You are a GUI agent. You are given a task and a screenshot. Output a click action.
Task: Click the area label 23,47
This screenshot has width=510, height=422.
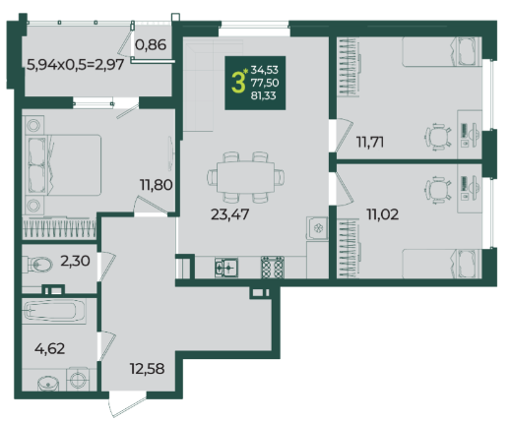(x=229, y=214)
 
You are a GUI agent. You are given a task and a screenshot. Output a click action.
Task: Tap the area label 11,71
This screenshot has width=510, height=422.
(x=370, y=143)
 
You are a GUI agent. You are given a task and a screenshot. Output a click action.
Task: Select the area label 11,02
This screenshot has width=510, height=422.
(x=382, y=214)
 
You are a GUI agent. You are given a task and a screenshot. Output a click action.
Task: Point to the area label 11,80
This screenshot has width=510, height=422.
(x=157, y=185)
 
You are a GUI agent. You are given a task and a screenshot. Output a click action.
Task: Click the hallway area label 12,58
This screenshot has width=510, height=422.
(x=147, y=369)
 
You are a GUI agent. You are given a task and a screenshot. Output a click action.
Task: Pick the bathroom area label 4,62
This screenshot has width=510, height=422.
(x=49, y=349)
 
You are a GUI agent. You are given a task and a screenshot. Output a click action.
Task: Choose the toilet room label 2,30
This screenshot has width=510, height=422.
(x=75, y=262)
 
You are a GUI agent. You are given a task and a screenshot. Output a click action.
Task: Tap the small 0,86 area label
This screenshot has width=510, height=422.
(x=151, y=45)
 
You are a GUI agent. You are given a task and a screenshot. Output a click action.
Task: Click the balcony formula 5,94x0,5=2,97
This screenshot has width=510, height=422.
(x=76, y=65)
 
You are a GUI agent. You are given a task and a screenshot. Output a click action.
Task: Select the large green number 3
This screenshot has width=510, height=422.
(x=238, y=83)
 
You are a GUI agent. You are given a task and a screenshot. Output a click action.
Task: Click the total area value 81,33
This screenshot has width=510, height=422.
(x=263, y=95)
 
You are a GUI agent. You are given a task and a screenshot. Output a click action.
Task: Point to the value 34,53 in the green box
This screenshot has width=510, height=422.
(x=265, y=70)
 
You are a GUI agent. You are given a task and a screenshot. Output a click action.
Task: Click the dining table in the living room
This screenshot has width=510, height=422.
(x=245, y=177)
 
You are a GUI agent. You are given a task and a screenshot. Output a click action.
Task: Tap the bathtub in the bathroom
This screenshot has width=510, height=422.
(x=54, y=311)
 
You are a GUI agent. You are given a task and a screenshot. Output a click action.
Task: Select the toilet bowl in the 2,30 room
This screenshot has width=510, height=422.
(x=39, y=265)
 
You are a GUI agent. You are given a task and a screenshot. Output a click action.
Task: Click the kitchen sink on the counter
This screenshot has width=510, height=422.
(x=226, y=268)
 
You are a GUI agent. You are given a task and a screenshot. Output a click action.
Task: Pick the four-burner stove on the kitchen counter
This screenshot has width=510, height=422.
(x=273, y=268)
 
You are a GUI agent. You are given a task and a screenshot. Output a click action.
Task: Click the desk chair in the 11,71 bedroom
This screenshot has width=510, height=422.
(x=438, y=137)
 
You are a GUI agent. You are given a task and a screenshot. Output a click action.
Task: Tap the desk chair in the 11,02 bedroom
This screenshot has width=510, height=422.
(x=438, y=191)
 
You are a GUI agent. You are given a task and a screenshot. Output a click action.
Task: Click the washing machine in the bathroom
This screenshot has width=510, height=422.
(x=78, y=380)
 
